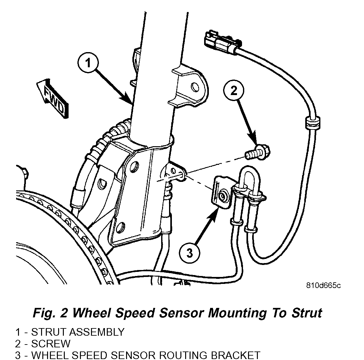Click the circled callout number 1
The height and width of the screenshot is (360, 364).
(x=88, y=63)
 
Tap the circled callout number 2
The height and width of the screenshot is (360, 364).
(x=234, y=91)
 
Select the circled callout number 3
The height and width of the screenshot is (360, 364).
(x=190, y=253)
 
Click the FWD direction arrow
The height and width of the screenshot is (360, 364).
(x=52, y=98)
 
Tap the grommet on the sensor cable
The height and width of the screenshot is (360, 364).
(x=312, y=123)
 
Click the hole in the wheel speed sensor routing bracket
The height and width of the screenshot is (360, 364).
(x=223, y=196)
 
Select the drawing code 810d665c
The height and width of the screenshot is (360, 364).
(x=323, y=285)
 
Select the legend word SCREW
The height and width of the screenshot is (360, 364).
(x=51, y=344)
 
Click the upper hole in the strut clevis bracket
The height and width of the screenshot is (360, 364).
(x=134, y=165)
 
